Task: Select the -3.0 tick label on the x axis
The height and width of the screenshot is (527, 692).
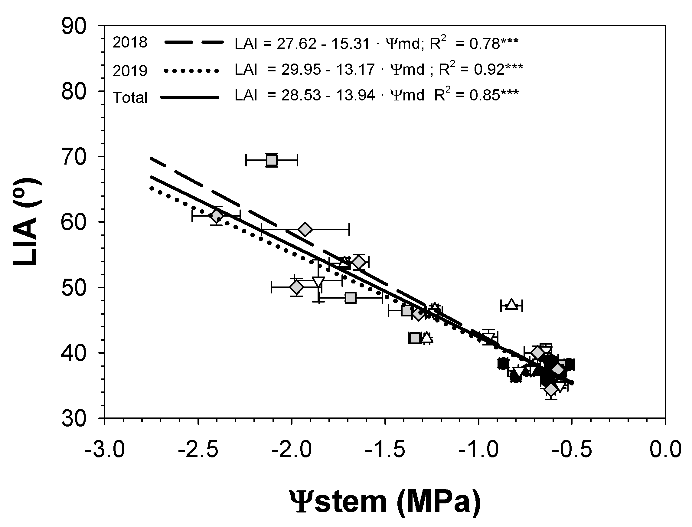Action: click(105, 449)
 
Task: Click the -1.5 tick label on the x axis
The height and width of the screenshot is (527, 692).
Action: click(385, 449)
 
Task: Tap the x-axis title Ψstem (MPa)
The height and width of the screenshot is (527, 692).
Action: click(385, 501)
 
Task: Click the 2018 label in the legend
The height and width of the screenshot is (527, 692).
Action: click(130, 42)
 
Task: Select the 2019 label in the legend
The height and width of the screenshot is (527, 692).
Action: click(130, 71)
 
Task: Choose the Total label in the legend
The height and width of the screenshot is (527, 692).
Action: click(130, 97)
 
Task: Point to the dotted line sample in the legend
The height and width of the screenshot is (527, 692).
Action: click(191, 71)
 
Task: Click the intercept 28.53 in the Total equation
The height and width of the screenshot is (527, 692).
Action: click(301, 95)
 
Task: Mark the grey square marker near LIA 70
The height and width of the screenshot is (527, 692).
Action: click(272, 160)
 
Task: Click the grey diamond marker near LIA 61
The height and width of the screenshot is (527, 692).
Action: click(216, 216)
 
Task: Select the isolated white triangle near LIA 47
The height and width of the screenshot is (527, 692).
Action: click(511, 305)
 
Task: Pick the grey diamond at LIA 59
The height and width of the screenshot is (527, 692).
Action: click(305, 230)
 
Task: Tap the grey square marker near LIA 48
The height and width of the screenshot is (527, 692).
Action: click(351, 298)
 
